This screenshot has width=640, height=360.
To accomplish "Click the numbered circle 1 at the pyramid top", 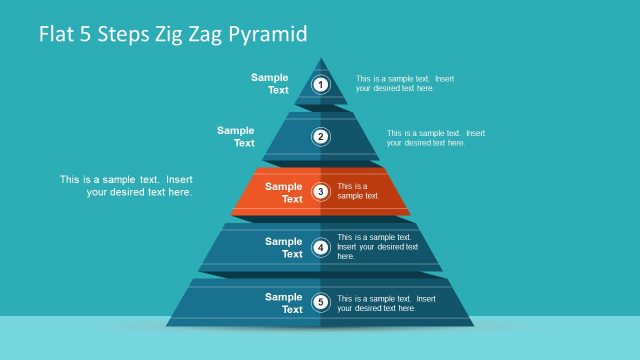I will [321, 84].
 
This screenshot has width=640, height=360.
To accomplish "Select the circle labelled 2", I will [321, 137].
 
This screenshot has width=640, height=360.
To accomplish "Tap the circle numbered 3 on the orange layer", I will [321, 192].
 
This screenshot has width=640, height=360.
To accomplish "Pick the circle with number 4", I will [321, 247].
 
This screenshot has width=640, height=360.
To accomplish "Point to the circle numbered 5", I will [321, 302].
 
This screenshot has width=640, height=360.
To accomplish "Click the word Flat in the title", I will [58, 35].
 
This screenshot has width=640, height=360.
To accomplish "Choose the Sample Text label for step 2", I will [237, 136].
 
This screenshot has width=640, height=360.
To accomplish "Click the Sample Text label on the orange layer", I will [284, 192].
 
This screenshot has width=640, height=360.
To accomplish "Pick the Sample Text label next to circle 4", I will [284, 247].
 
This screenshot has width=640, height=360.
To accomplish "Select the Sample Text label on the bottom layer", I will [284, 302].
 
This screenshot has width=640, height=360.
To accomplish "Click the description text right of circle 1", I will [405, 83].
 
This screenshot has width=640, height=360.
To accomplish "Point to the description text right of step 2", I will [436, 137].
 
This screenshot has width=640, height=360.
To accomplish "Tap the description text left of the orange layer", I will [126, 186].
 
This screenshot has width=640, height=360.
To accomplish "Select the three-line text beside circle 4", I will [377, 247].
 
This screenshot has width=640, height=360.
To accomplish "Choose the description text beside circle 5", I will [386, 303].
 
